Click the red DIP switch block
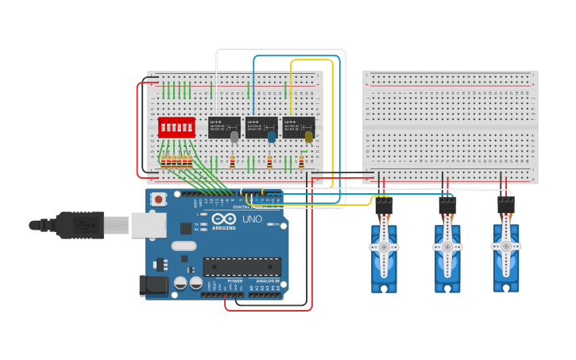point(176,127)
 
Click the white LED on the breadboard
point(234,137)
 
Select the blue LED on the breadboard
point(272,137)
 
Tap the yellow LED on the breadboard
point(308,137)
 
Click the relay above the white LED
point(224,126)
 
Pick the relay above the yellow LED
point(299,126)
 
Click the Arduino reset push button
point(158,199)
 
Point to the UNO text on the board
point(252,219)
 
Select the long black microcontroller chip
point(242,266)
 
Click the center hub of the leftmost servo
point(384,247)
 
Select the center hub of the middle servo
point(447,247)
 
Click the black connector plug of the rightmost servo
point(506,205)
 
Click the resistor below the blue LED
point(269,162)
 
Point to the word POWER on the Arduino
point(235,281)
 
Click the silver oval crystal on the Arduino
point(184,246)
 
